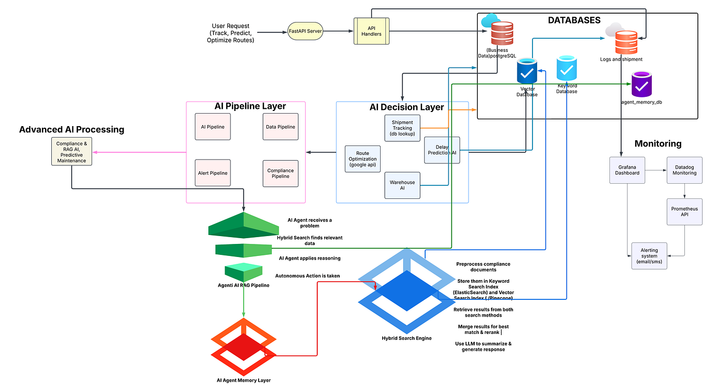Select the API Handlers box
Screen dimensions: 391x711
pos(371,30)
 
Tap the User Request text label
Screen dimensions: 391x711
pos(230,33)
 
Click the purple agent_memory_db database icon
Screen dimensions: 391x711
pos(641,84)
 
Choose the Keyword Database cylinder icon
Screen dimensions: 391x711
pos(567,68)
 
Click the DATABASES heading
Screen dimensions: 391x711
pos(574,20)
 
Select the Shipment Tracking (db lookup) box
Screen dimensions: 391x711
pos(403,128)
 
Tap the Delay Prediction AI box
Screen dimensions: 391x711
pos(442,150)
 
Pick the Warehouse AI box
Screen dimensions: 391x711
pos(402,185)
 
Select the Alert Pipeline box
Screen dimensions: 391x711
pos(213,173)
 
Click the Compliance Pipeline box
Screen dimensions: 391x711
pos(281,173)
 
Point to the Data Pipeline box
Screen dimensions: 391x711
pos(281,127)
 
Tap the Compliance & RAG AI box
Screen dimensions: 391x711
pos(72,151)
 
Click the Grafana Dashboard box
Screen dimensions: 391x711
pos(627,170)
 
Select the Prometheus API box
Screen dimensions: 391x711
pos(684,211)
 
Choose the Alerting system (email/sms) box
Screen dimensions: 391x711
pos(649,255)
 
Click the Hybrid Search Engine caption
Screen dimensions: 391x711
pos(407,338)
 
